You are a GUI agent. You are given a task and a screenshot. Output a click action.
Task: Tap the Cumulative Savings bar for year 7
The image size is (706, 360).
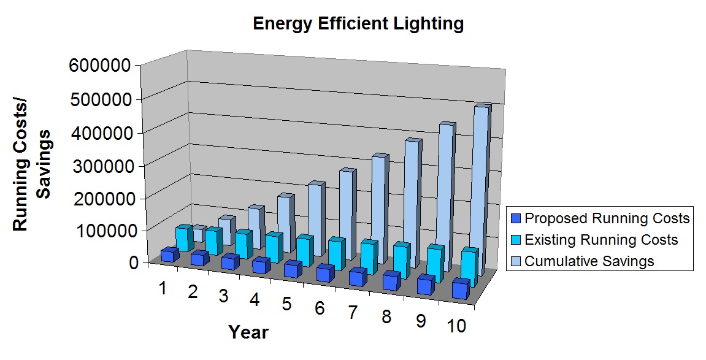(378, 209)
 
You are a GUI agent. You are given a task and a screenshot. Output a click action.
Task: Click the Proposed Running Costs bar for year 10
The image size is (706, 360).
(461, 289)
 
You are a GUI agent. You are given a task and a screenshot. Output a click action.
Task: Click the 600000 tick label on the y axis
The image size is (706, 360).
(102, 66)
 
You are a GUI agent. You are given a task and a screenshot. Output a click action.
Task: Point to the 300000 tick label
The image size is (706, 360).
(102, 166)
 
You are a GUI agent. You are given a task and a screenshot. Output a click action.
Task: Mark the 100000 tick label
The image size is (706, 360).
(102, 232)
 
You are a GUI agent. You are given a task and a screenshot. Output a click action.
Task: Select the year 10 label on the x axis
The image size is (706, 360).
(457, 326)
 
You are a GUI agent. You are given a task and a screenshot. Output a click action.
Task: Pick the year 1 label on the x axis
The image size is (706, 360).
(163, 287)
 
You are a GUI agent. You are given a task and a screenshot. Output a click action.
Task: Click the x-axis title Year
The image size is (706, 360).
(248, 332)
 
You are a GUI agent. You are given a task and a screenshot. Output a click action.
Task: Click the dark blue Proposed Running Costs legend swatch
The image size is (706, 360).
(515, 218)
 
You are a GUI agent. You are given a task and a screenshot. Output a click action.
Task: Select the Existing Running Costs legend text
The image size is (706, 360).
(601, 239)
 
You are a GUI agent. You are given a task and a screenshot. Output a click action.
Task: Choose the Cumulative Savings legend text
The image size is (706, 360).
(589, 261)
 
